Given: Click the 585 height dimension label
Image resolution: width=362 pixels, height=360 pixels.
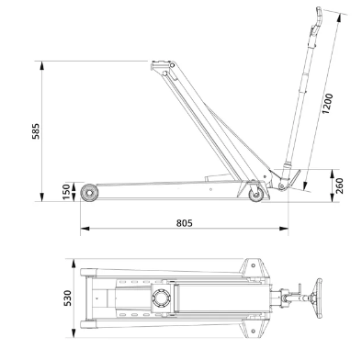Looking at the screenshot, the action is pos(36,131).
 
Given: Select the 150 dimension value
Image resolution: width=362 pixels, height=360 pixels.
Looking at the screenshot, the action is pos(66,192).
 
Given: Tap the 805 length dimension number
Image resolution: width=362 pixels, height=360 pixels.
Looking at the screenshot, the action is pos(185,223).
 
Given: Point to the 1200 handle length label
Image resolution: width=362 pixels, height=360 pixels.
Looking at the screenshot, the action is pos(327,104).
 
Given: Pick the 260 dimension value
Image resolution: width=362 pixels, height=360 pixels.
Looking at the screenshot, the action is pos(339,186).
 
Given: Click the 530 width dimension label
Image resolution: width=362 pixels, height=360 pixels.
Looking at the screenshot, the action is pos(67,298).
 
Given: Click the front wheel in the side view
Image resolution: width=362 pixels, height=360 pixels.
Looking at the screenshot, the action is pos(89,193).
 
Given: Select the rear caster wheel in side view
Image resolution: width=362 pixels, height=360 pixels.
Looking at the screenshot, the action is pos(256,195).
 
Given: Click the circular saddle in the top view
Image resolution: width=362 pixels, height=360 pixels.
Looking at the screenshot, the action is pos(161,298).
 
